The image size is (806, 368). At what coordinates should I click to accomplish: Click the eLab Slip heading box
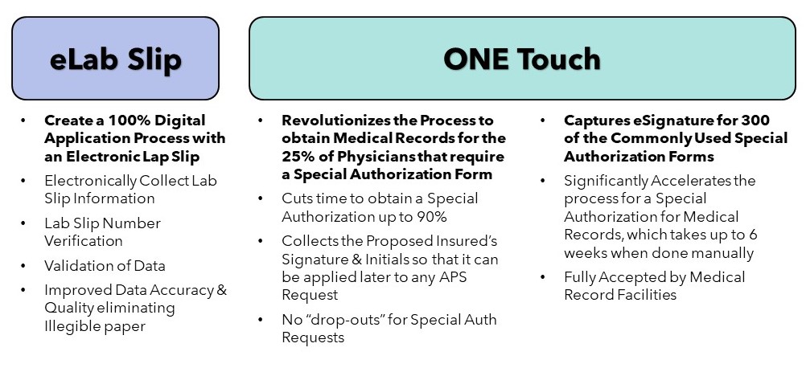pyautogui.click(x=116, y=58)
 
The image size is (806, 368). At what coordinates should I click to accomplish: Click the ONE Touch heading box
pyautogui.click(x=522, y=58)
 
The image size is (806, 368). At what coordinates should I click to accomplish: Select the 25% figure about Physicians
pyautogui.click(x=298, y=156)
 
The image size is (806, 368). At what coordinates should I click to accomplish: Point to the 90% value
pyautogui.click(x=431, y=217)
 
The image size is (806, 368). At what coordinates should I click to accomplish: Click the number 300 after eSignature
pyautogui.click(x=755, y=121)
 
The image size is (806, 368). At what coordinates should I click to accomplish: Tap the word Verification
pyautogui.click(x=84, y=241)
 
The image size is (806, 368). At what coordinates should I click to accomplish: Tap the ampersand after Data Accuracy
pyautogui.click(x=221, y=290)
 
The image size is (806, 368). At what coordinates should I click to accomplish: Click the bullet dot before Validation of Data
pyautogui.click(x=23, y=266)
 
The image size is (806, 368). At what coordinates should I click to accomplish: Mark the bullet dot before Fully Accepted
pyautogui.click(x=543, y=278)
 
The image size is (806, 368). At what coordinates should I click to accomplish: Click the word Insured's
pyautogui.click(x=468, y=241)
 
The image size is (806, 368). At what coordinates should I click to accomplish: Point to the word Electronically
pyautogui.click(x=90, y=181)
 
